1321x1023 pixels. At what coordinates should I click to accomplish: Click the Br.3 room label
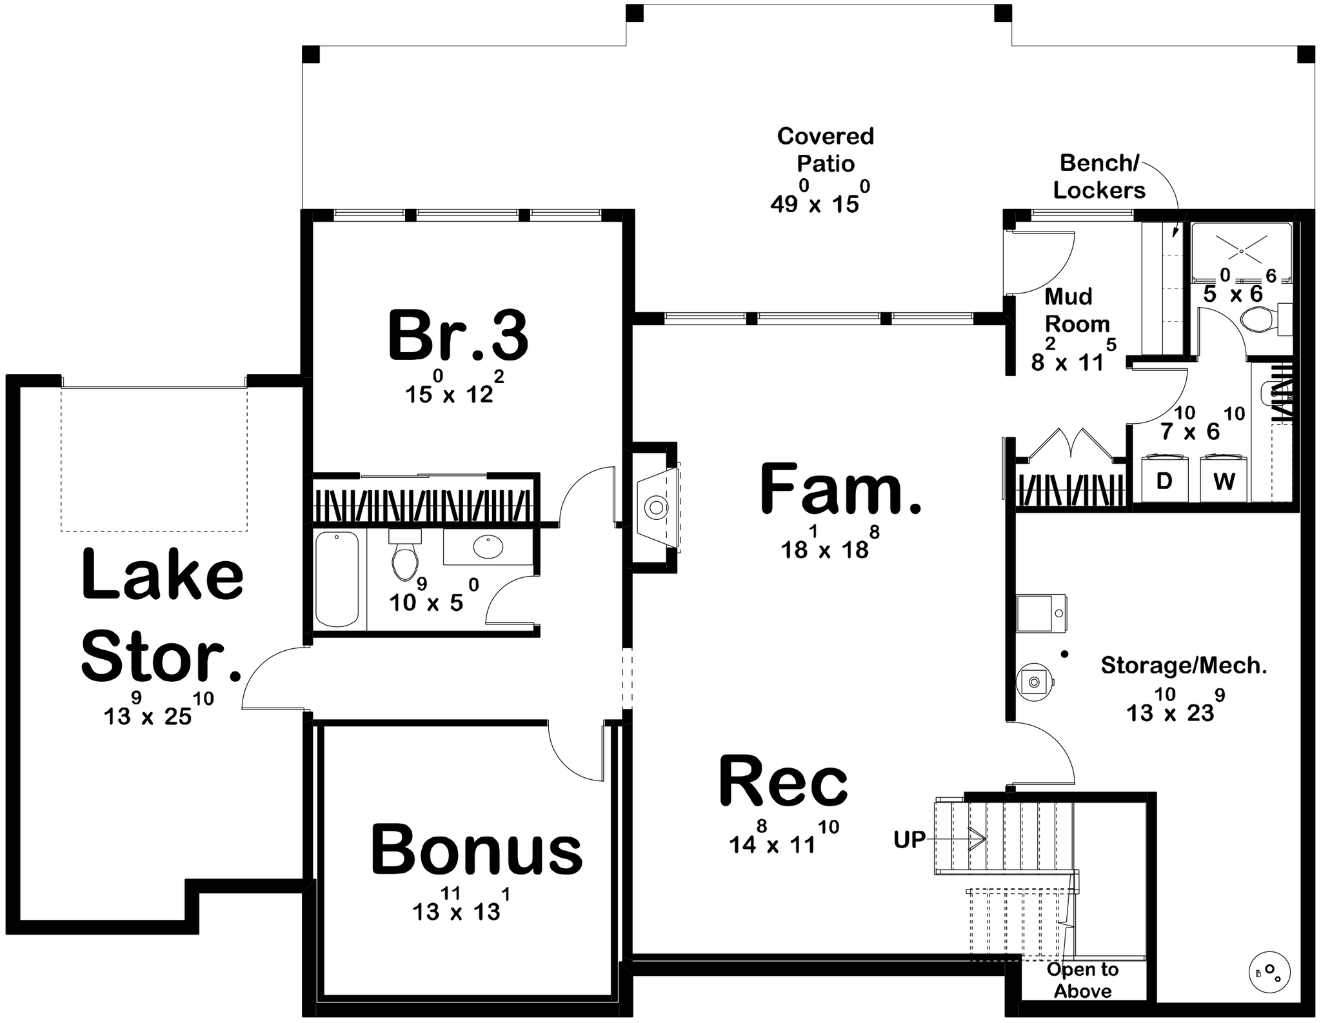pyautogui.click(x=458, y=336)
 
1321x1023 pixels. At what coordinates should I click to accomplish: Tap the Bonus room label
pyautogui.click(x=477, y=849)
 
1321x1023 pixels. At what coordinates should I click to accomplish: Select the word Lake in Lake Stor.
pyautogui.click(x=163, y=574)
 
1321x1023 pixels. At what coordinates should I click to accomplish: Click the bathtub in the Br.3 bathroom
pyautogui.click(x=337, y=579)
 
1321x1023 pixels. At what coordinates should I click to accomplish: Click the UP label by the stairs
pyautogui.click(x=909, y=839)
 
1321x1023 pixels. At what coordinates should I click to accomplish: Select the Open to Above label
pyautogui.click(x=1083, y=980)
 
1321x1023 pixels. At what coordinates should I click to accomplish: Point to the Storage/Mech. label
pyautogui.click(x=1184, y=666)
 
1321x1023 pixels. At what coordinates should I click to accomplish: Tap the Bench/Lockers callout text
pyautogui.click(x=1099, y=177)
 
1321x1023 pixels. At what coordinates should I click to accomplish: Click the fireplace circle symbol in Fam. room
pyautogui.click(x=656, y=508)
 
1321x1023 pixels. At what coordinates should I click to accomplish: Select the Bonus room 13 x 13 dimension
pyautogui.click(x=461, y=904)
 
